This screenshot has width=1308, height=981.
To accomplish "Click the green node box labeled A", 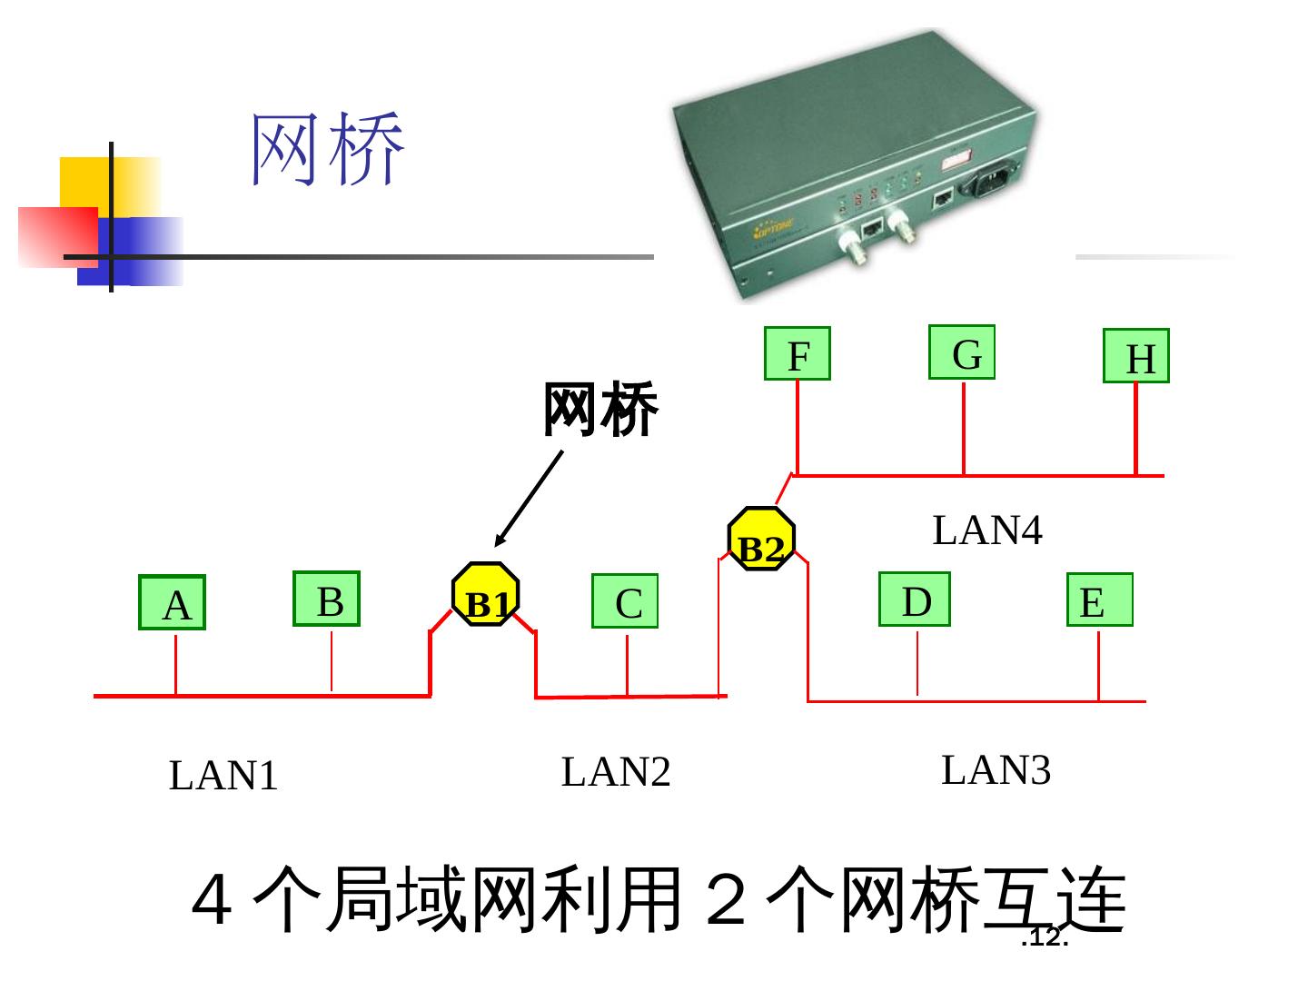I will pos(173,602).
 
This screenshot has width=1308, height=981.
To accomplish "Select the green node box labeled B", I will pos(327,599).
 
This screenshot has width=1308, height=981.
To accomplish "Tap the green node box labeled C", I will pos(625,601).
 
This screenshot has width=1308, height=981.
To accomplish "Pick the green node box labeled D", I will pos(915,599).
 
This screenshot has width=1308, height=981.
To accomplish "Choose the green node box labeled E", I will pos(1099,599).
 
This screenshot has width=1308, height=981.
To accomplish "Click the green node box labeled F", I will pos(798,353).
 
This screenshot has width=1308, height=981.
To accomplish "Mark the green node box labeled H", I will pos(1136,356).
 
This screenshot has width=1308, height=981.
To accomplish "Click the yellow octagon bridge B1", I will pos(486,594).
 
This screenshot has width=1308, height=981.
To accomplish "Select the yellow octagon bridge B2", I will pos(761,539).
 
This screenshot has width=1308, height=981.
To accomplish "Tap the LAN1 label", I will pos(223,776).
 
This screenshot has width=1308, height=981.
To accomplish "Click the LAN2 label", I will pos(616,772).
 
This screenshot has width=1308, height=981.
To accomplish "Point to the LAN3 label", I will pos(996,770).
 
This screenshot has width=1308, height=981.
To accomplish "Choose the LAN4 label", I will pos(987,530).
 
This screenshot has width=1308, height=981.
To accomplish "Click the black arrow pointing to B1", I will pos(529,500).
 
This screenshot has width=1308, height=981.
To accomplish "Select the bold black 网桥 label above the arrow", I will pos(600,410).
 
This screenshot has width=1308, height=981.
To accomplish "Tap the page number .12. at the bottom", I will pos(1045,937).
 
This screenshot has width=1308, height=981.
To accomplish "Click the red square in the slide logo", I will pos(57,237).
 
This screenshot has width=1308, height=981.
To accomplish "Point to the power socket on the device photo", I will pos(992,179).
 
